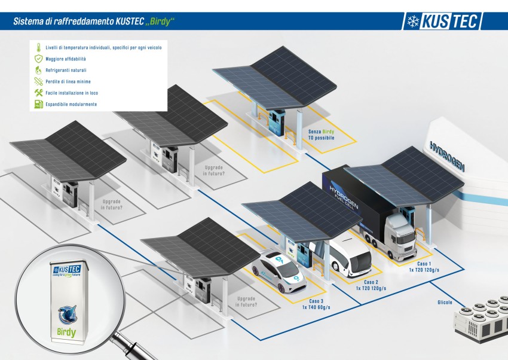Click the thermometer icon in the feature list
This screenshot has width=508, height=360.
tap(38, 47)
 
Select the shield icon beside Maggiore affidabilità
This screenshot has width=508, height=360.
tap(38, 59)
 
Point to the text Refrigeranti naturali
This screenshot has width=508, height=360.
tap(66, 70)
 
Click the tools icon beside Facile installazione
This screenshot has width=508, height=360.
tap(38, 93)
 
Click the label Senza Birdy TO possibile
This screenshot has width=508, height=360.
tap(322, 134)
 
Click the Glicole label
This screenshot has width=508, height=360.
tap(445, 303)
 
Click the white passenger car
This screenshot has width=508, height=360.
tap(279, 270)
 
